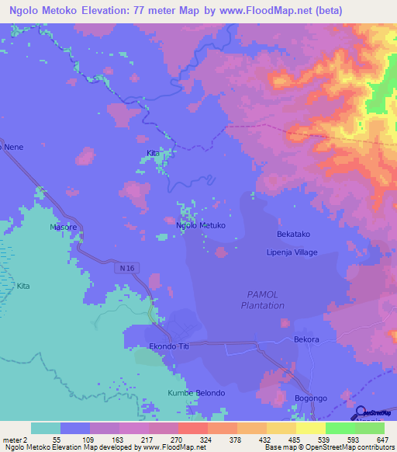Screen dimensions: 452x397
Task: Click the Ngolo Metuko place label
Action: pos(201,225)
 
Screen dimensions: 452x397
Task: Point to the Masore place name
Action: pos(64,228)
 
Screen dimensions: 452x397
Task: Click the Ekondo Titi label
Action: pos(170,347)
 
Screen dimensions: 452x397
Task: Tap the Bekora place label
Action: pos(306,340)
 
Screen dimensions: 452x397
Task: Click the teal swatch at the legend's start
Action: pos(46,428)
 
